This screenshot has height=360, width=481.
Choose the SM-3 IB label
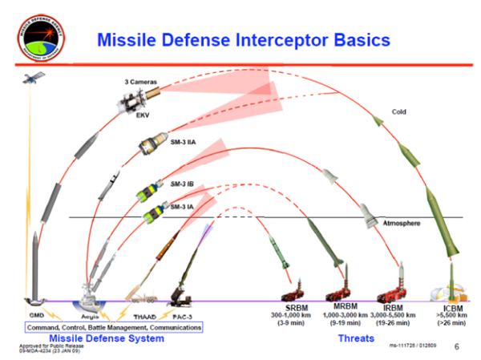185,184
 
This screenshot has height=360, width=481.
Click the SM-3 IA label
184,207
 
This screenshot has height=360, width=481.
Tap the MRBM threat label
344,307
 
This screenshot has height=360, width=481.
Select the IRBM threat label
394,307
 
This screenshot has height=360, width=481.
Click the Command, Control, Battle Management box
113,327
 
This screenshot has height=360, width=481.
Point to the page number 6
457,347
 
